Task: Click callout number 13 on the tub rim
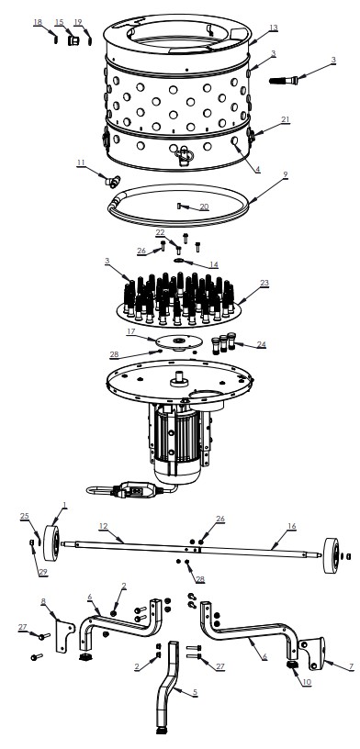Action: point(273,28)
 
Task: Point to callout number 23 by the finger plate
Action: point(264,283)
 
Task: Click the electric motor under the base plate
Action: point(180,442)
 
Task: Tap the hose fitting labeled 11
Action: point(111,181)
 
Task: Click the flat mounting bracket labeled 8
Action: point(65,635)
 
